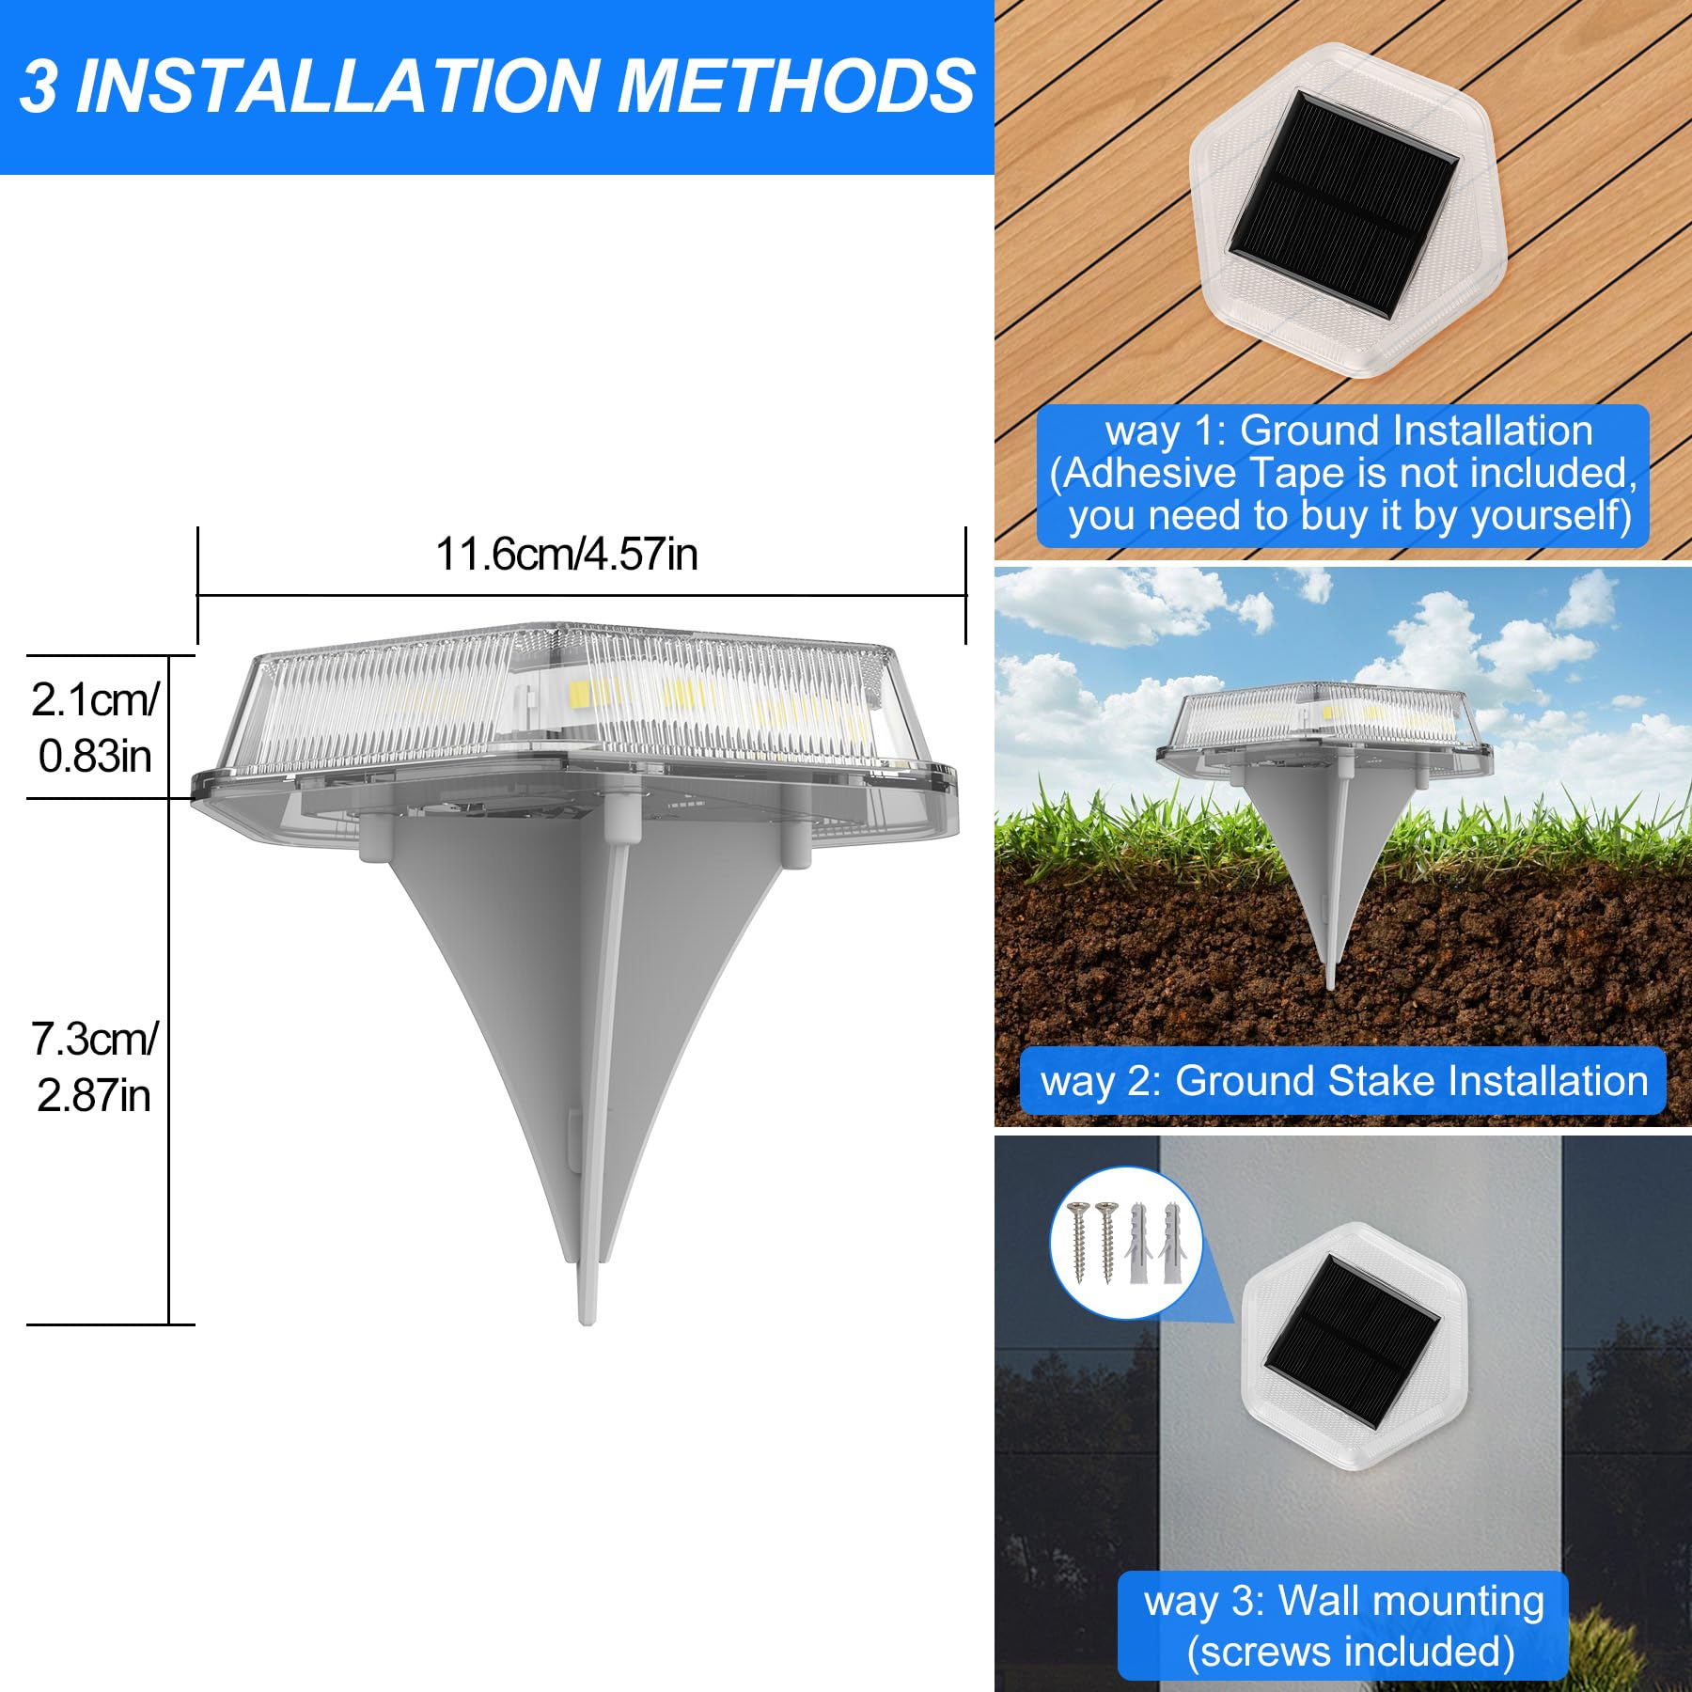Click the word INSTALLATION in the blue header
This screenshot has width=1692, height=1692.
337,86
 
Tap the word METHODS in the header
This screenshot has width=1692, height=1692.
796,86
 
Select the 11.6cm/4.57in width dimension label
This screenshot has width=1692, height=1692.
566,555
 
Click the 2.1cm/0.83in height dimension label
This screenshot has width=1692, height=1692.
94,728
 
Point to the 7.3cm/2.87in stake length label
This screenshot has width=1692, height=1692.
94,1067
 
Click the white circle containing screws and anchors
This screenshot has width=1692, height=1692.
1126,1242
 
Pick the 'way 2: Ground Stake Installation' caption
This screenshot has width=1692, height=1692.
1343,1081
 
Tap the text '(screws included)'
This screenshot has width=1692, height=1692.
1351,1652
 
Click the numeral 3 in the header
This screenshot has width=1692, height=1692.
38,86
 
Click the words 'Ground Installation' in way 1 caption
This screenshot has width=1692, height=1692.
1416,431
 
